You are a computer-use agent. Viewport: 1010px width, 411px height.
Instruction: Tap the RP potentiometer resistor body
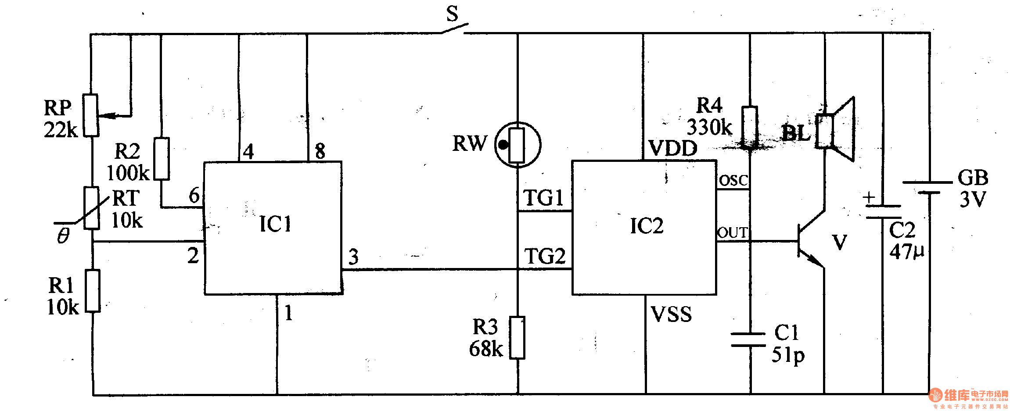91,115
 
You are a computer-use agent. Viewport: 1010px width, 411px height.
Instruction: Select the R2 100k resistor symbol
162,159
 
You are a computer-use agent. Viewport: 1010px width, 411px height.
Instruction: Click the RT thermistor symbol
92,208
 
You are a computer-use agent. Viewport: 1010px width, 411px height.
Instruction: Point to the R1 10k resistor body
93,291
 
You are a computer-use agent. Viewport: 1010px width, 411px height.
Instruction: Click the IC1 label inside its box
275,224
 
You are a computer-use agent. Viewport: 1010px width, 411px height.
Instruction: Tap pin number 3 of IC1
353,257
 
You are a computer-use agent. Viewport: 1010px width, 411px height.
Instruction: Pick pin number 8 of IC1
320,151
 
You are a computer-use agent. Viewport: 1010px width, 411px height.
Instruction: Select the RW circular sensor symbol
518,145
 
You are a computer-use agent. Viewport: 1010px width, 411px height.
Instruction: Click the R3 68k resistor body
518,338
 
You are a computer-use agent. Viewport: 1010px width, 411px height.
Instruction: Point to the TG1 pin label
543,198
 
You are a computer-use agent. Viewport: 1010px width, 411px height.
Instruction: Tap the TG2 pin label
545,257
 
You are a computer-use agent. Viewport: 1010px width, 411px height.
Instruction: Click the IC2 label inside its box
647,226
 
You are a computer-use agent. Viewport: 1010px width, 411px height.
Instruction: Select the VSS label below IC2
671,315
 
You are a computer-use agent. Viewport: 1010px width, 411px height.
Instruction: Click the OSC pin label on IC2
733,180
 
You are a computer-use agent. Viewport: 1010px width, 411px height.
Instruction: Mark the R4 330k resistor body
750,127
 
